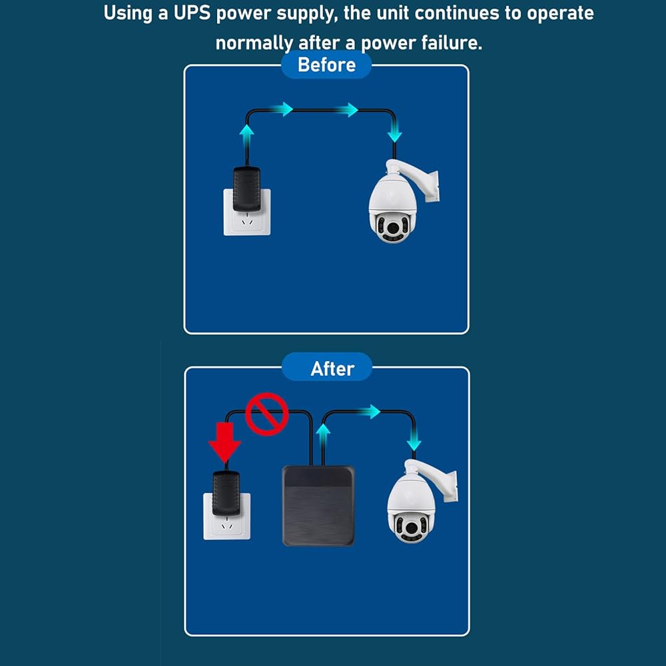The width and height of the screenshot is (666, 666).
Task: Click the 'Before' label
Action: tap(326, 65)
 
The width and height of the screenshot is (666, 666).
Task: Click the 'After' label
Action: tap(332, 369)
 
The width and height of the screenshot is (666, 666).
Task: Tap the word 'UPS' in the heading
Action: tap(192, 13)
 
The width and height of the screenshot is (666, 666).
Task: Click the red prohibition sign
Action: tap(267, 414)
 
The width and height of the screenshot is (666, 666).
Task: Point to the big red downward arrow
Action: tap(224, 442)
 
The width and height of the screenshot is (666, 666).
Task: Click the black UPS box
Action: tap(318, 505)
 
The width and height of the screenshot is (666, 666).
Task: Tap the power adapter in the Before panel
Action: tap(246, 189)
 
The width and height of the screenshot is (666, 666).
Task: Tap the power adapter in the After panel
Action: tap(226, 493)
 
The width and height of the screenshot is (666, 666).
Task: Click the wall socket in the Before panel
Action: tap(247, 212)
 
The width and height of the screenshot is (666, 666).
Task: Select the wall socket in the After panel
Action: tap(227, 517)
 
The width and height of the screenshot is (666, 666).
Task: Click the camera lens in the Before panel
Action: tap(394, 227)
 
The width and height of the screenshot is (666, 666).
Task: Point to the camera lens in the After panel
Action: tap(411, 527)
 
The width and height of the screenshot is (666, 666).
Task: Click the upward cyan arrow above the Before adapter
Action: tap(246, 136)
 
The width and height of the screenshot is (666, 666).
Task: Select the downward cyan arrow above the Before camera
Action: tap(394, 131)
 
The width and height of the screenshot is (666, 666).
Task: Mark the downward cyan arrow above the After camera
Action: tap(414, 439)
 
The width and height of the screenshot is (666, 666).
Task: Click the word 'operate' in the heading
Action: tap(560, 13)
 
